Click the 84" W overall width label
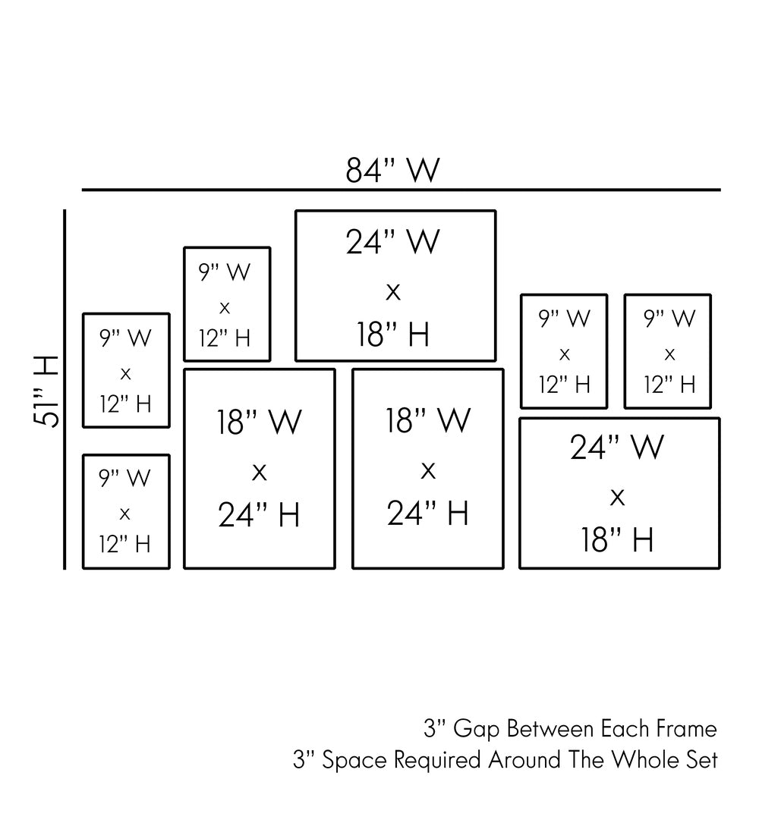point(392,171)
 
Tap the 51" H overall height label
point(47,391)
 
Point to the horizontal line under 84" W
point(401,189)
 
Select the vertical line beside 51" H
point(65,388)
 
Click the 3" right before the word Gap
point(434,730)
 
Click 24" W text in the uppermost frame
point(392,242)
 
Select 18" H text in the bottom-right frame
point(617,541)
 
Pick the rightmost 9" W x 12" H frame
point(668,351)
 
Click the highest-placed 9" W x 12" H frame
point(227,304)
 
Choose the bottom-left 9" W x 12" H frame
point(126,511)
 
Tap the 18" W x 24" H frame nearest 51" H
point(260,468)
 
